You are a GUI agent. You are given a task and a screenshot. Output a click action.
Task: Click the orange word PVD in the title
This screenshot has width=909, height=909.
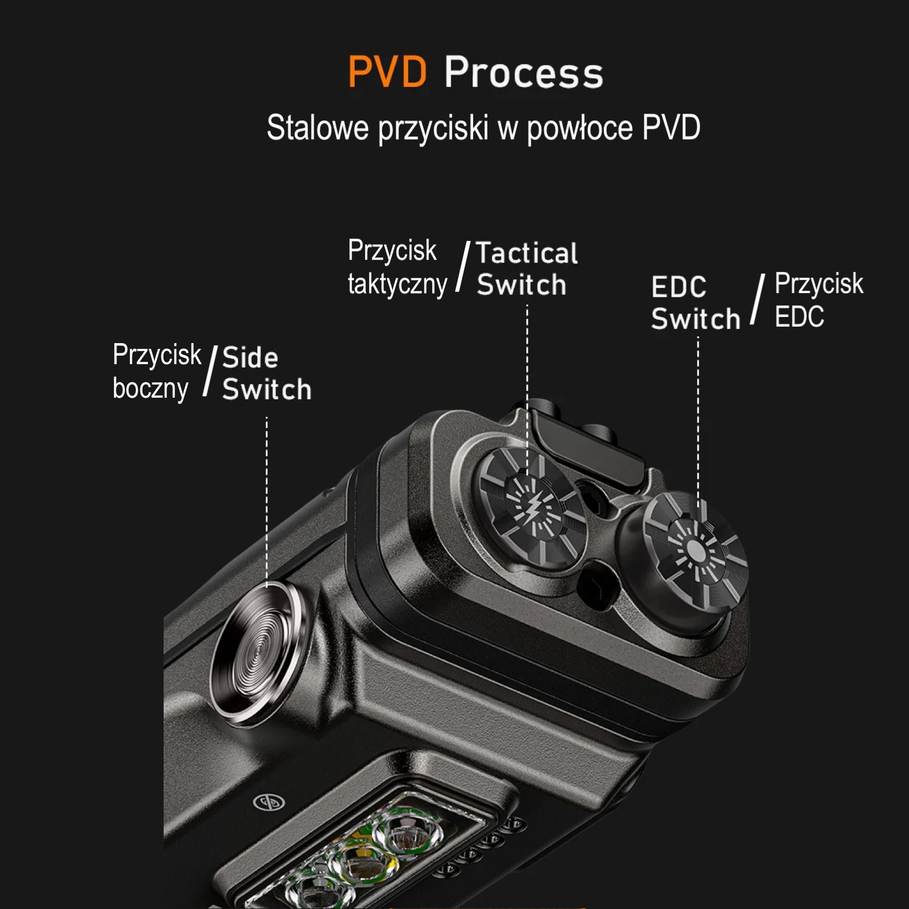(387, 72)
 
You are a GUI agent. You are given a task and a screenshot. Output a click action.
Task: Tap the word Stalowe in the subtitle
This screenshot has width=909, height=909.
(318, 127)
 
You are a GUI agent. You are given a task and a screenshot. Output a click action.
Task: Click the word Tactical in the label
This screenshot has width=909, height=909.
(527, 253)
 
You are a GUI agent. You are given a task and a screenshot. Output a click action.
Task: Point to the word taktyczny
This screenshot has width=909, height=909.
(397, 284)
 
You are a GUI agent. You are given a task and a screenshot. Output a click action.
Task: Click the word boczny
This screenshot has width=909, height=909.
(151, 389)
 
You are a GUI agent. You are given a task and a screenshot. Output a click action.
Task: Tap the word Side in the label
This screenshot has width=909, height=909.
(250, 358)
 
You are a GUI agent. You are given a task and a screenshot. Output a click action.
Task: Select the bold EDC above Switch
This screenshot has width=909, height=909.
(679, 287)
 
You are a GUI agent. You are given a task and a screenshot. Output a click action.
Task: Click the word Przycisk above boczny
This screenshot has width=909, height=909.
(157, 355)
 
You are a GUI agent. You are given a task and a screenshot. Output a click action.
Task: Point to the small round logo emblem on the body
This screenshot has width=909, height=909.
(269, 802)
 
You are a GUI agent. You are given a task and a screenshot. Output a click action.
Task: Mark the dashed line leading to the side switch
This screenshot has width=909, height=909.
(267, 500)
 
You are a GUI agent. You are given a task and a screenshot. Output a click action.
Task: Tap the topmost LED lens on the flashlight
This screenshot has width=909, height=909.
(407, 836)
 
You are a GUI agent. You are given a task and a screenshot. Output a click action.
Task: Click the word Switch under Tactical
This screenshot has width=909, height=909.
(522, 285)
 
